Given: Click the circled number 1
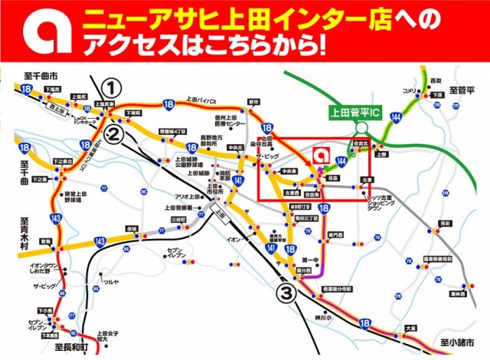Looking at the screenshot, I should [112, 87].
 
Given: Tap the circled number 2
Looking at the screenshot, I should [112, 136].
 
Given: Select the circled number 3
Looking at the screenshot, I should [285, 292].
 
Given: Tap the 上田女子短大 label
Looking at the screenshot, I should [109, 336].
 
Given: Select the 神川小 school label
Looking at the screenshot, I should [325, 316].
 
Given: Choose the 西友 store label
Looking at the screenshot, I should [436, 80].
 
